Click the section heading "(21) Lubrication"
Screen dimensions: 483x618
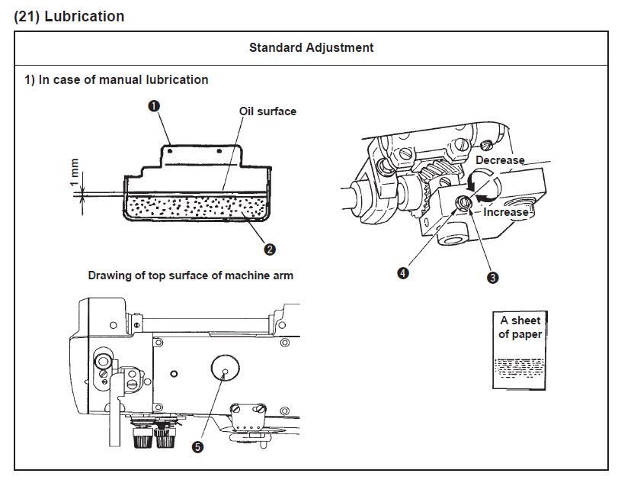[69, 16]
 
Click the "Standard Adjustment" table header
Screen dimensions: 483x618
[311, 47]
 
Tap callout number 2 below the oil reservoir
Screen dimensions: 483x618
[270, 249]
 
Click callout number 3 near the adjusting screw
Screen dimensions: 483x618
[492, 278]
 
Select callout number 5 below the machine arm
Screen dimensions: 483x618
[198, 448]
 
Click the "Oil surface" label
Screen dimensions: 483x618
[267, 111]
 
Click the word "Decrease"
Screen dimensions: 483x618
[500, 160]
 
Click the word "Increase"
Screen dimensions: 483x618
[505, 212]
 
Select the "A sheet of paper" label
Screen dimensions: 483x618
[520, 327]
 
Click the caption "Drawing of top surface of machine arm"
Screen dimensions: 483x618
[191, 275]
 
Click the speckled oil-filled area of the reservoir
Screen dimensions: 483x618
[197, 206]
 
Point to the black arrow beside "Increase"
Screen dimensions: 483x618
[479, 201]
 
